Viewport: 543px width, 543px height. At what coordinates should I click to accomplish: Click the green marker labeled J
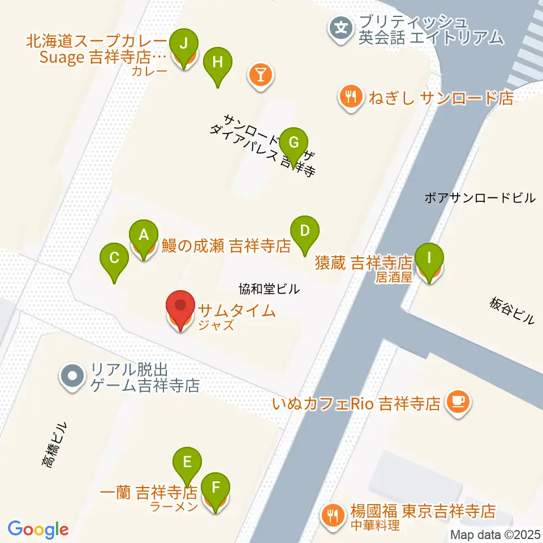click(183, 44)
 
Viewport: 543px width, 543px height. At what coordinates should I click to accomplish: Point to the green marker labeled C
click(114, 260)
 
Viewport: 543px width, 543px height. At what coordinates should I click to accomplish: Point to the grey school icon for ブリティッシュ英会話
click(342, 27)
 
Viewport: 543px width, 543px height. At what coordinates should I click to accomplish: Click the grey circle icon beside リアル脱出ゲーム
click(72, 376)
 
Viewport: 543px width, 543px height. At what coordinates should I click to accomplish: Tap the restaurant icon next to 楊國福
click(331, 515)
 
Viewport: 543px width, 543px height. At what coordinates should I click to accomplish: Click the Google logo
click(38, 529)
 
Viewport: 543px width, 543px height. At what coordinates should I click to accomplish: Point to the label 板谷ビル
click(512, 311)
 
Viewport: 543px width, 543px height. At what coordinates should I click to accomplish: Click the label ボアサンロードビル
click(479, 198)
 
